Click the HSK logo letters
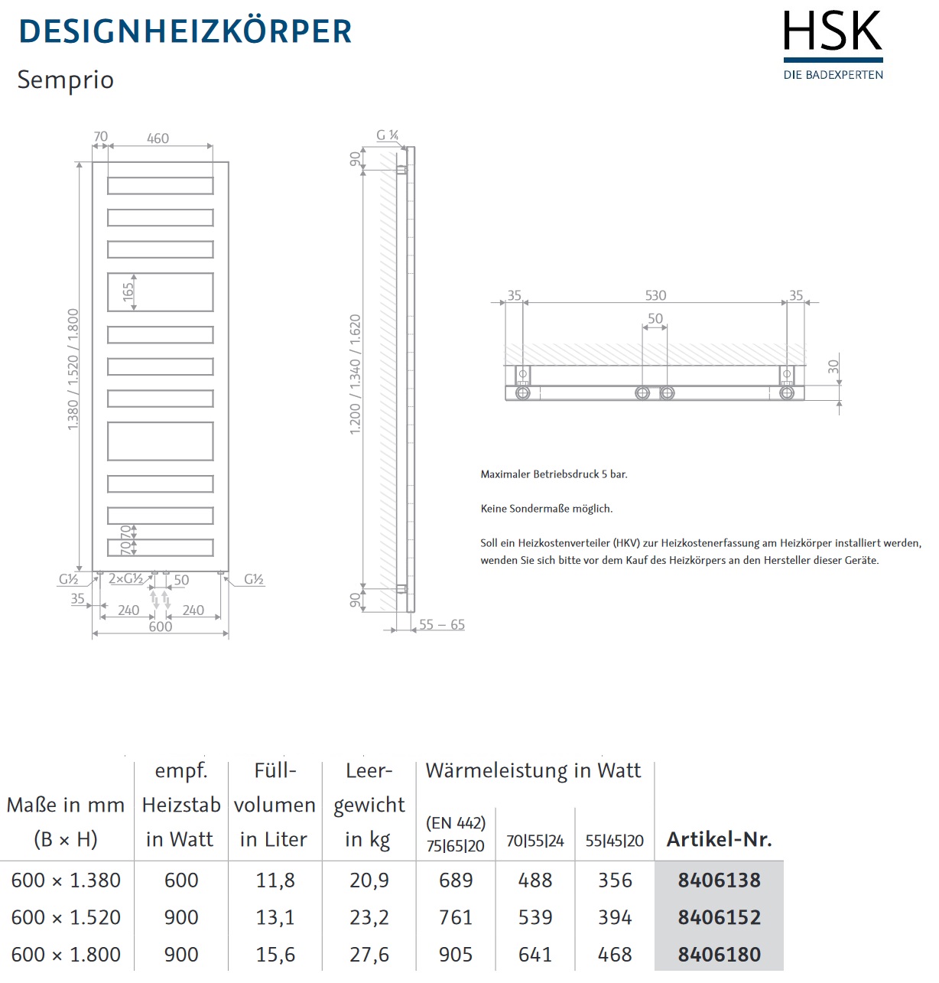tap(833, 32)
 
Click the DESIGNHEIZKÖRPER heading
tap(185, 31)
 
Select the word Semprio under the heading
tap(66, 80)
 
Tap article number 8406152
tap(719, 917)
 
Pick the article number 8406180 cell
tap(719, 955)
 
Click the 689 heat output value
tap(456, 880)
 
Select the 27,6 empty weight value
tap(369, 955)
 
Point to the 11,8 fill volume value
tap(275, 880)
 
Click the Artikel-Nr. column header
tap(719, 839)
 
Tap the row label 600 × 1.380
tap(66, 880)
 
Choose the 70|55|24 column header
tap(535, 841)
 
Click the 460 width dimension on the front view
tap(158, 138)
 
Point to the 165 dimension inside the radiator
tap(128, 291)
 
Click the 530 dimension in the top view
tap(655, 295)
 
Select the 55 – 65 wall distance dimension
tap(442, 624)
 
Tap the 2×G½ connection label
tap(125, 579)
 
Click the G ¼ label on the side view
tap(387, 135)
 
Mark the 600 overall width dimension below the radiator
tap(161, 627)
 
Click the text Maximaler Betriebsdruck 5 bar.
tap(554, 474)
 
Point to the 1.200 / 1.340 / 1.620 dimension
tap(356, 375)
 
